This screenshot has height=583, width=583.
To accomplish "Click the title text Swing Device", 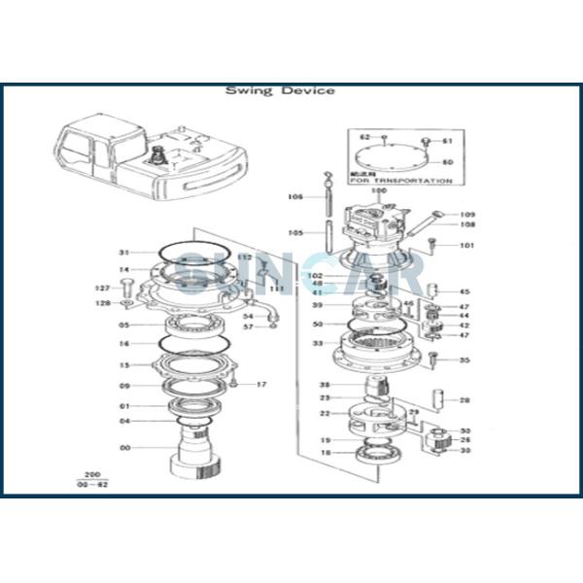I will (x=280, y=90).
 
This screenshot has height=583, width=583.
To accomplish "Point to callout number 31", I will (x=123, y=253).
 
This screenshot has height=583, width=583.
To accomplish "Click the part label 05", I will (x=123, y=325).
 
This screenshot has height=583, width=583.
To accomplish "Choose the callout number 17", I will (x=260, y=385).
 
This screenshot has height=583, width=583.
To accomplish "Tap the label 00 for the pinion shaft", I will (x=123, y=448).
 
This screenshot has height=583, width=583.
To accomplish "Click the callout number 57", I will (x=249, y=326).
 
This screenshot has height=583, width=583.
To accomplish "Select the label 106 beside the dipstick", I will (x=295, y=197).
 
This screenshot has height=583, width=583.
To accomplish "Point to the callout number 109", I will (x=467, y=215).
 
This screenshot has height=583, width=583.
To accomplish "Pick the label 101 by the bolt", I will (x=467, y=245).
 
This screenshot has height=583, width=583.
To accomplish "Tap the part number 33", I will (x=317, y=343).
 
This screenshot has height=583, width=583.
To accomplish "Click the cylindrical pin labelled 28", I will (x=440, y=398).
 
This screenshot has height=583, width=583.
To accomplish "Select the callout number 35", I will (x=464, y=360).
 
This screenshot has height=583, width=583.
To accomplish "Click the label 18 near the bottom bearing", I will (x=326, y=453).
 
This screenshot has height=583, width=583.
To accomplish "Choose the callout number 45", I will (x=464, y=291).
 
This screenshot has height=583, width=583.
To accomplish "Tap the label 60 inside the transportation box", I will (x=447, y=161).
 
